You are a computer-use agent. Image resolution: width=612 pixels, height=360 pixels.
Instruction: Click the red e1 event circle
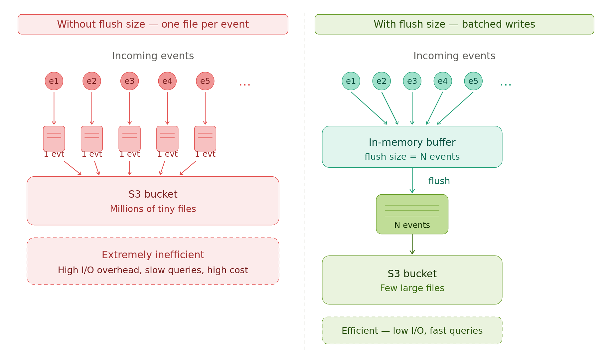(54, 81)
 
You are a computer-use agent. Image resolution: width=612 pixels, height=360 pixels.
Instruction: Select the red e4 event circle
(167, 81)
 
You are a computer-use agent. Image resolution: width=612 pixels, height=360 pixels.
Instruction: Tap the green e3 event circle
(412, 81)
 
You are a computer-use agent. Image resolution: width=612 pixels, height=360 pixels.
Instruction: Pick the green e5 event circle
(473, 81)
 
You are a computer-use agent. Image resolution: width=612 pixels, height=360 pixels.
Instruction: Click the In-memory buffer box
(412, 147)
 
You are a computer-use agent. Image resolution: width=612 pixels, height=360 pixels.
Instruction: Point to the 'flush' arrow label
(439, 181)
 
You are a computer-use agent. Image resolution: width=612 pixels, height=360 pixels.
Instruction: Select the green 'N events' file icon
(412, 214)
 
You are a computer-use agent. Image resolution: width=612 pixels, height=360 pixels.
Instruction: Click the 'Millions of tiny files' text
(153, 209)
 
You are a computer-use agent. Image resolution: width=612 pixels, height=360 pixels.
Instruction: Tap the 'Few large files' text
(412, 288)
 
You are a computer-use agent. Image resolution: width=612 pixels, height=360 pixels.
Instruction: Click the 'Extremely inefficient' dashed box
(153, 261)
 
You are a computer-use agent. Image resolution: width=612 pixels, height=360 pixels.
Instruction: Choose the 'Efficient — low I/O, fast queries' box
(412, 330)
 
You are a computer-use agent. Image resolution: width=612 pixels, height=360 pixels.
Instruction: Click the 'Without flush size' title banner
(153, 24)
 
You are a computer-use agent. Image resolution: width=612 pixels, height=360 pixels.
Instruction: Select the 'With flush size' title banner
(454, 24)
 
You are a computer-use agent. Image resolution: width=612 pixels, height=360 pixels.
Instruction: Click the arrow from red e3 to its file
(130, 108)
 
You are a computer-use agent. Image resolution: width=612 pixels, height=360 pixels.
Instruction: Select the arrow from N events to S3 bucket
(412, 245)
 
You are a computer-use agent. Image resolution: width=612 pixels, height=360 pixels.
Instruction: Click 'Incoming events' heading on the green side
(454, 56)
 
